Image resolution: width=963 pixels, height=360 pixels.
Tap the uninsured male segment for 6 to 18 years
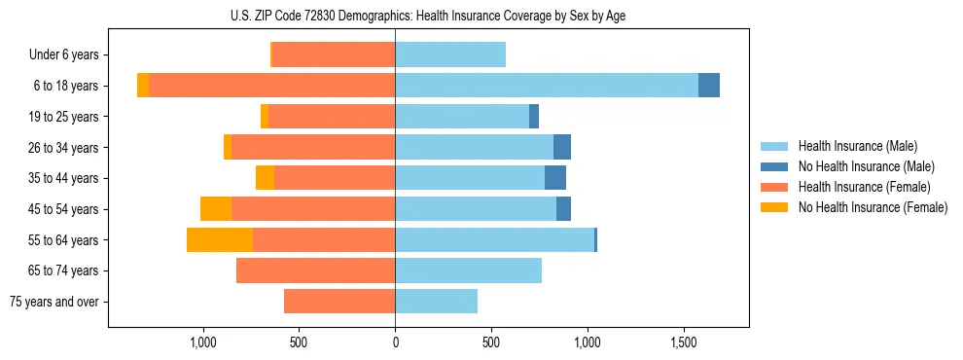pos(709,86)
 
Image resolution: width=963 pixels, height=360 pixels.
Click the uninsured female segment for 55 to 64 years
pos(220,240)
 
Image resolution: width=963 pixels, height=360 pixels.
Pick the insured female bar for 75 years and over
pos(339,302)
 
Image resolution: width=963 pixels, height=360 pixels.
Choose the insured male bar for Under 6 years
pos(450,54)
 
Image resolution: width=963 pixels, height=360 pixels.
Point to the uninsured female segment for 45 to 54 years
pos(216,209)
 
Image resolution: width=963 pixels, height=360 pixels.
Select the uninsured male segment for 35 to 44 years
pos(555,178)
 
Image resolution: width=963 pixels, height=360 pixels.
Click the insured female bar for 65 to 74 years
pos(316,270)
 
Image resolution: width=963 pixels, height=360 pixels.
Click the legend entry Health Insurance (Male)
pos(857,146)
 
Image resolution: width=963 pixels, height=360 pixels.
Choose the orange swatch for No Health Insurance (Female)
pos(775,207)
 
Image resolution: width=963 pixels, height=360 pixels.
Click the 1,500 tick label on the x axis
pos(684,342)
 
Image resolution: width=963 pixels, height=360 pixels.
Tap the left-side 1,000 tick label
pos(202,342)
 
